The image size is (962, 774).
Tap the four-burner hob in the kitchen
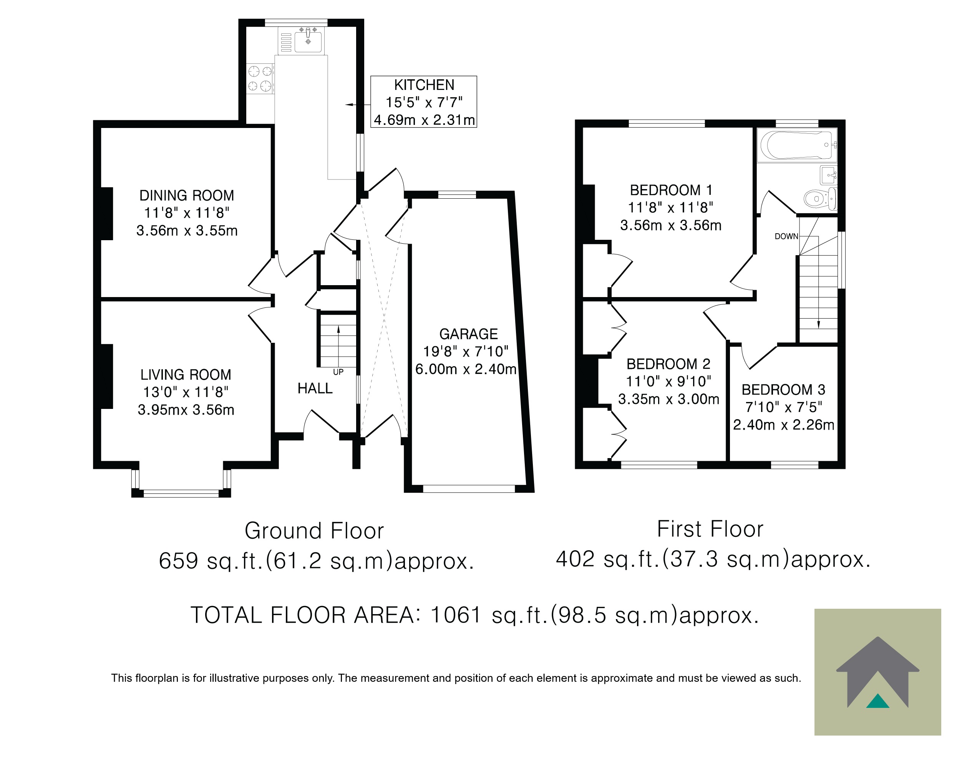(x=260, y=78)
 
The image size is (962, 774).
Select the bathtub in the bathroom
(x=797, y=145)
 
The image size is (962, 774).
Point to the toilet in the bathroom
(x=820, y=199)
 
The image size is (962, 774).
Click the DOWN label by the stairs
(x=786, y=237)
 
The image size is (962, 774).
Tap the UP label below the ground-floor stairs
(x=338, y=372)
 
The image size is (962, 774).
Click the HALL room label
(x=315, y=389)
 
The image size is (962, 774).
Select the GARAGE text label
(x=468, y=334)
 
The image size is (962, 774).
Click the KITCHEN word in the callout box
(x=424, y=85)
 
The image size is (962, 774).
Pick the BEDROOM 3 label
(x=783, y=390)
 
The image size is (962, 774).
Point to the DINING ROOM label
(x=186, y=196)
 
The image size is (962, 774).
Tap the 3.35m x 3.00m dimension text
(x=668, y=399)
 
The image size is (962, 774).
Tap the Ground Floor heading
(x=314, y=531)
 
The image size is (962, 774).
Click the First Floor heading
(x=710, y=529)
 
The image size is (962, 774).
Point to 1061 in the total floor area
(x=456, y=615)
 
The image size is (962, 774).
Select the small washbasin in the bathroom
(x=828, y=175)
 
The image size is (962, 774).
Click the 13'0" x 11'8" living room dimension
(x=186, y=392)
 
